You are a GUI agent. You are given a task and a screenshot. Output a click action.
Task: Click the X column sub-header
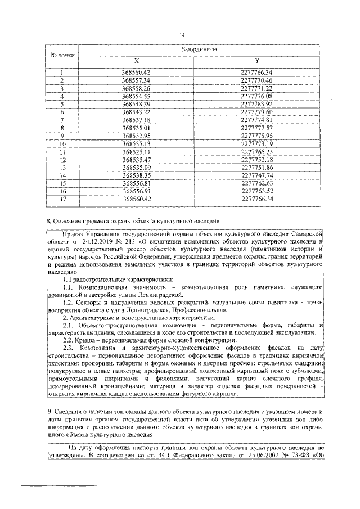(x=136, y=60)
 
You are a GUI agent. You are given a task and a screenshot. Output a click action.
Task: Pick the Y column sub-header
(x=256, y=60)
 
